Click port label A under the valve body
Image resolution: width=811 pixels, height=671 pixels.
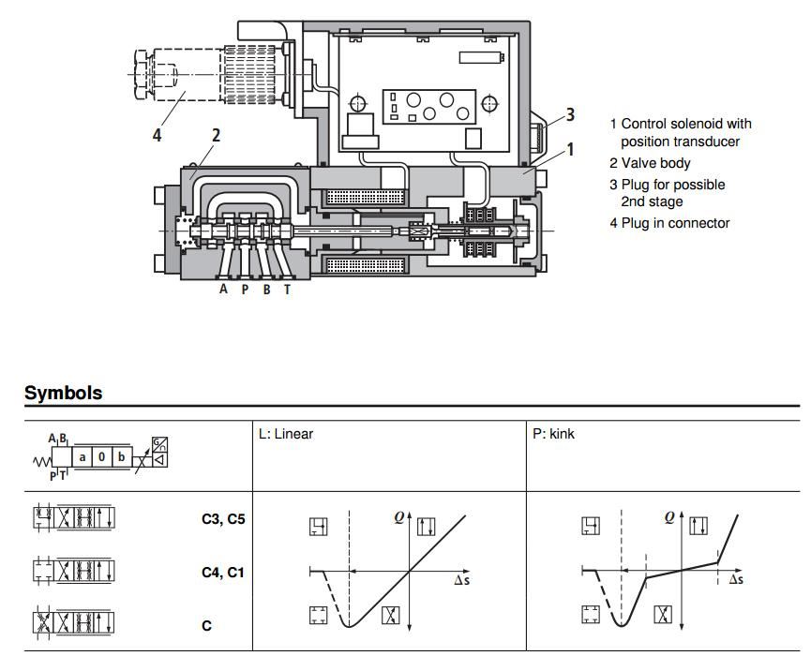pyautogui.click(x=223, y=290)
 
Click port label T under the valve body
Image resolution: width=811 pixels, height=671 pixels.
pyautogui.click(x=288, y=290)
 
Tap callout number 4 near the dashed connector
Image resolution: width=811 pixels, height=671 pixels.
pyautogui.click(x=158, y=135)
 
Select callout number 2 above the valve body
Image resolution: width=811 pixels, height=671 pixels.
pyautogui.click(x=216, y=135)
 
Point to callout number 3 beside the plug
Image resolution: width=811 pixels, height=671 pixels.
pyautogui.click(x=569, y=115)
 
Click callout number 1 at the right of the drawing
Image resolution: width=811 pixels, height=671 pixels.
pyautogui.click(x=569, y=149)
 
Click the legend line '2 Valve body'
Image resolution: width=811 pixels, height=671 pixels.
pyautogui.click(x=650, y=163)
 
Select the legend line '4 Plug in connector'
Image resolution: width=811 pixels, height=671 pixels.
pyautogui.click(x=669, y=223)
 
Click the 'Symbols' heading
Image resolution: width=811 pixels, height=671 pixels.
pyautogui.click(x=63, y=394)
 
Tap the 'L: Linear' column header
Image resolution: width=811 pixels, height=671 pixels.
pyautogui.click(x=286, y=434)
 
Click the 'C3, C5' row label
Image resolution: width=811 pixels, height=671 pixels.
pyautogui.click(x=223, y=518)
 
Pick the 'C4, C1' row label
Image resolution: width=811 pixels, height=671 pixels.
pyautogui.click(x=223, y=572)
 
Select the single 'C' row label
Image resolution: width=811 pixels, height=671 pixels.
pyautogui.click(x=207, y=625)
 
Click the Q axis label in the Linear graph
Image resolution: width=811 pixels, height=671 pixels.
pyautogui.click(x=398, y=515)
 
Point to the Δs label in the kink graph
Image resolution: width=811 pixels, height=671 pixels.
pyautogui.click(x=736, y=580)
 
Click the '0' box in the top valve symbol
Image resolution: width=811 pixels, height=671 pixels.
pyautogui.click(x=101, y=457)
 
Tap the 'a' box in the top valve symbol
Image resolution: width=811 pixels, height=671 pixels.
pyautogui.click(x=83, y=457)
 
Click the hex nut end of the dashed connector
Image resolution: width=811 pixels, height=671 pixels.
pyautogui.click(x=141, y=71)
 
